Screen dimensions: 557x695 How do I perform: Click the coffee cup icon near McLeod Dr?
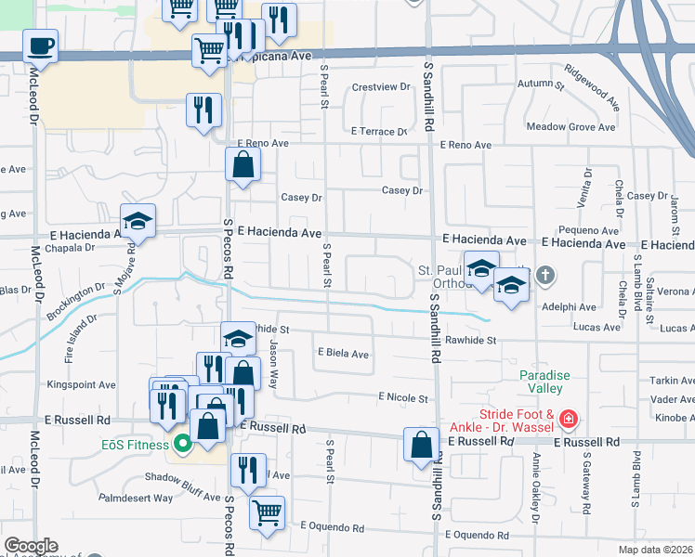[x=40, y=45]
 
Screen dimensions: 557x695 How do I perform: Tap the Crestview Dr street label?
[x=380, y=87]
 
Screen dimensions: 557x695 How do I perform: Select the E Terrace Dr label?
[x=379, y=132]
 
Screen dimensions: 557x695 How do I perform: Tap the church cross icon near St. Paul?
[x=545, y=275]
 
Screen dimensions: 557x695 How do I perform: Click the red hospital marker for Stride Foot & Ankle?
[x=566, y=421]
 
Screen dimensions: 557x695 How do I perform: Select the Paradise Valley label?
[x=544, y=382]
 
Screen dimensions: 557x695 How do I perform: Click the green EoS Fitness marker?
[x=183, y=444]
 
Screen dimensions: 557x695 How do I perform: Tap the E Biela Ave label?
[x=344, y=354]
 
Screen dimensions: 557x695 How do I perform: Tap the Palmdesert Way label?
[x=137, y=498]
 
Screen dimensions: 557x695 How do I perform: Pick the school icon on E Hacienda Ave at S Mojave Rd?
[x=138, y=221]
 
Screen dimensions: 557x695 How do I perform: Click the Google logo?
[x=31, y=546]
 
